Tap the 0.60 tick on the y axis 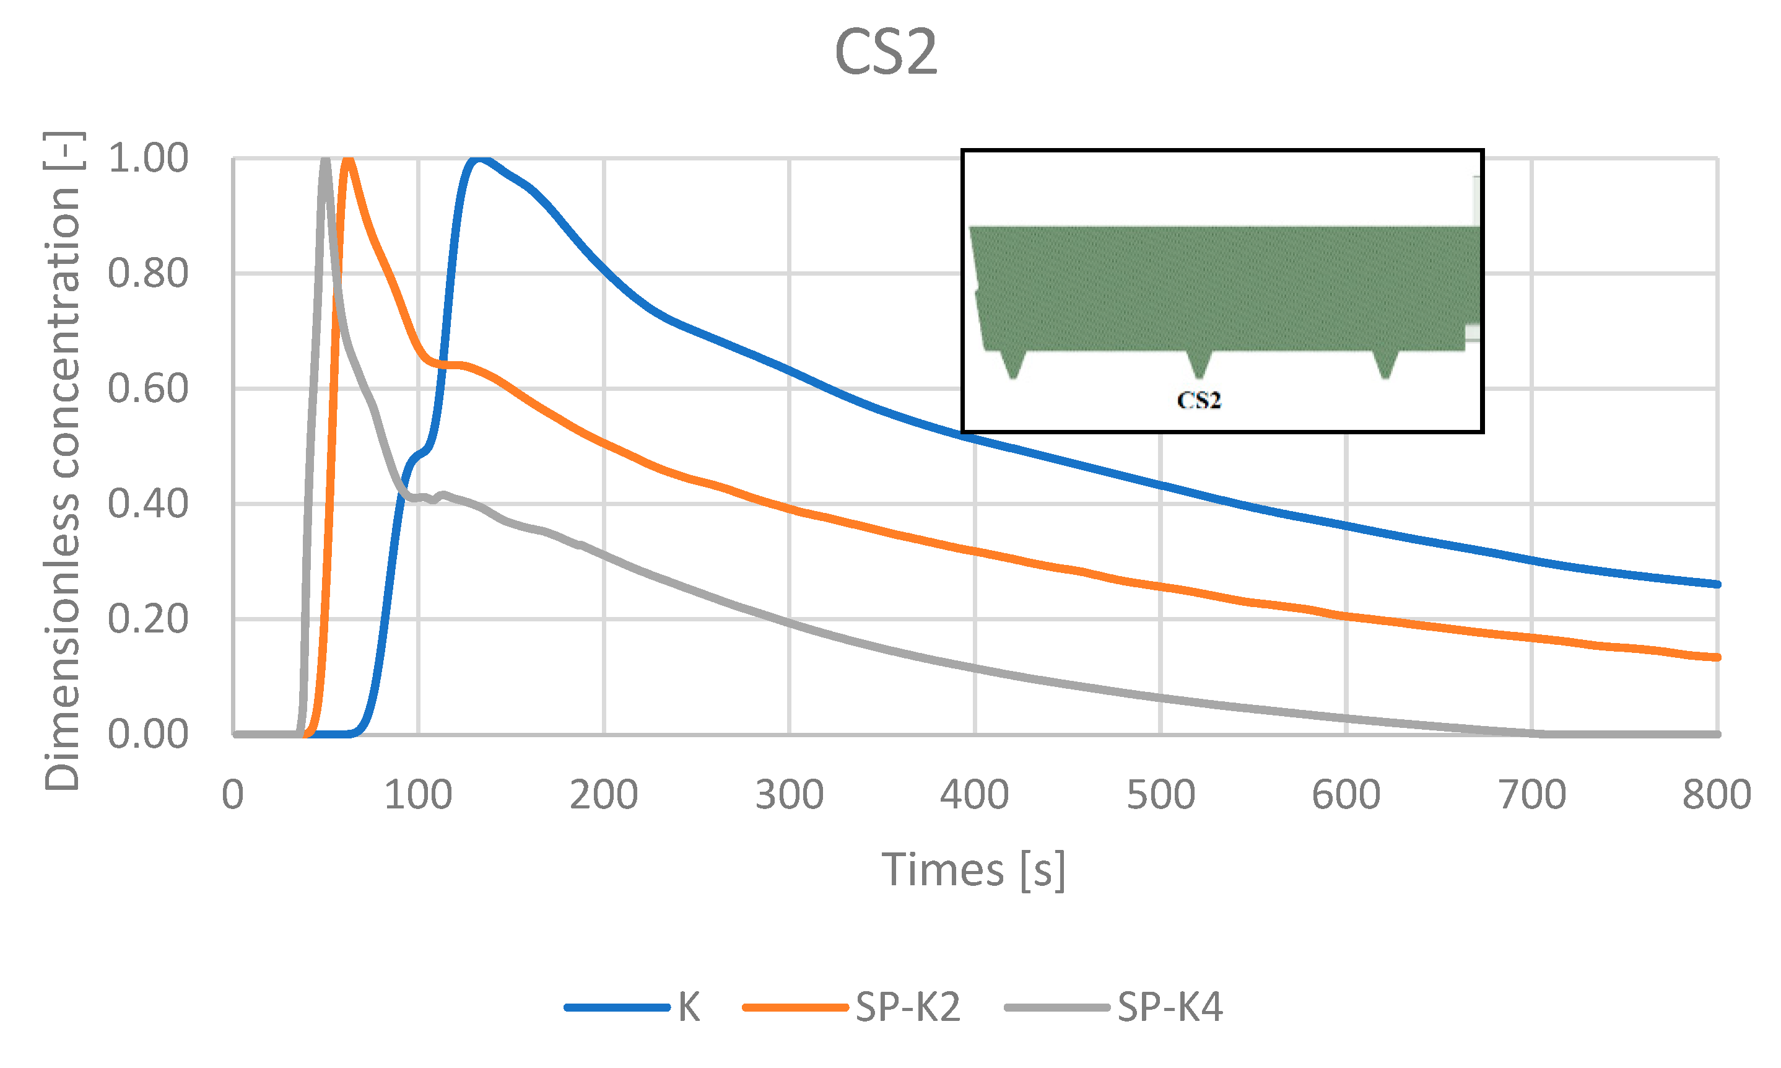(x=147, y=388)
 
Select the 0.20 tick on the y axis (x=147, y=619)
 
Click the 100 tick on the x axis (x=418, y=795)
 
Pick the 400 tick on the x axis (x=975, y=795)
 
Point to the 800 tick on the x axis (x=1716, y=795)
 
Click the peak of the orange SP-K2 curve (x=348, y=159)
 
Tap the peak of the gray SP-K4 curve (x=325, y=159)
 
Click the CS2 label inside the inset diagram (x=1198, y=400)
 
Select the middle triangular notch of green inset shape (x=1198, y=364)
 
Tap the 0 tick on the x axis (x=232, y=795)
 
